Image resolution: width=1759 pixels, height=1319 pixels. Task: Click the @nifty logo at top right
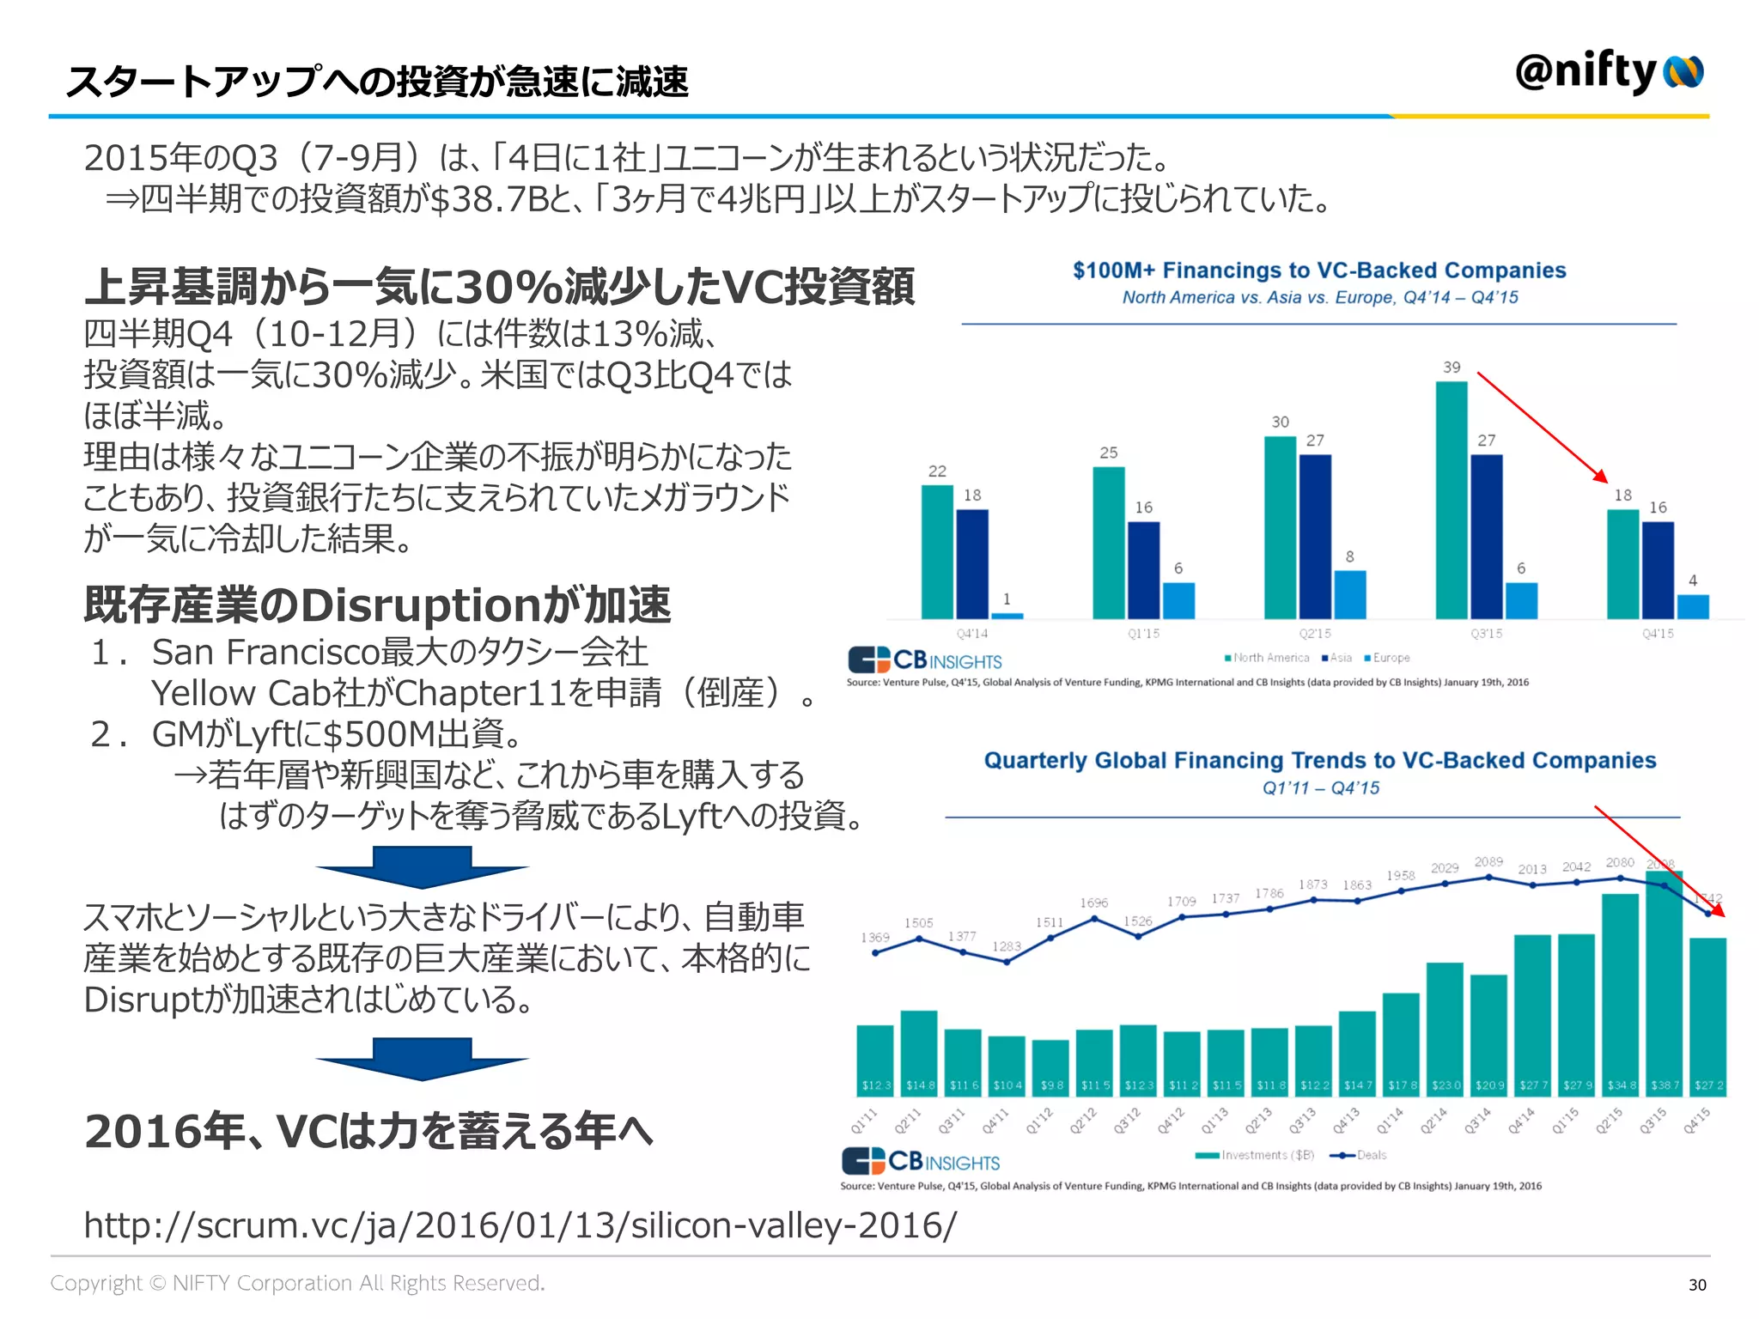[1608, 72]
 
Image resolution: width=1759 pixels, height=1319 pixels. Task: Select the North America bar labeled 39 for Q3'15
[1451, 500]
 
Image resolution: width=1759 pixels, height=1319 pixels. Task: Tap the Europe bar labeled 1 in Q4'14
[1007, 615]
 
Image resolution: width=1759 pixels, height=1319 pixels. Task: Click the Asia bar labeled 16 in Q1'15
[1143, 569]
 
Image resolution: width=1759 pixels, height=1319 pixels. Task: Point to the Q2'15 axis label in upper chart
[1315, 634]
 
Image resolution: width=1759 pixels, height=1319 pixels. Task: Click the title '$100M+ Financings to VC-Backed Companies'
[1318, 270]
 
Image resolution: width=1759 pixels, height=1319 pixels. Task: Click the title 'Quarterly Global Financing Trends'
[1319, 761]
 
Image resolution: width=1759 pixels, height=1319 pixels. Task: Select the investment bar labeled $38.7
[1664, 983]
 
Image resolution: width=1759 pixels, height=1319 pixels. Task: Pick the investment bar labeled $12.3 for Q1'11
[875, 1061]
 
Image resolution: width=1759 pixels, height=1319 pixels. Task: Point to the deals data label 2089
[1488, 861]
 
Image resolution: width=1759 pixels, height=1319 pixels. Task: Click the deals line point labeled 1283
[1007, 962]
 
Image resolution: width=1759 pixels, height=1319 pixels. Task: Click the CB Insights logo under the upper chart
[925, 659]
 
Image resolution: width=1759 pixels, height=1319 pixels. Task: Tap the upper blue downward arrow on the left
[422, 866]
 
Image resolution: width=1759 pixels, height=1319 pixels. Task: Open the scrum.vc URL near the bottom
[520, 1225]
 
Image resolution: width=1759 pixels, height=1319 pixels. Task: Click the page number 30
[1697, 1285]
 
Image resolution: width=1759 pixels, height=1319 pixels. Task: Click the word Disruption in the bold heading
[421, 605]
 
